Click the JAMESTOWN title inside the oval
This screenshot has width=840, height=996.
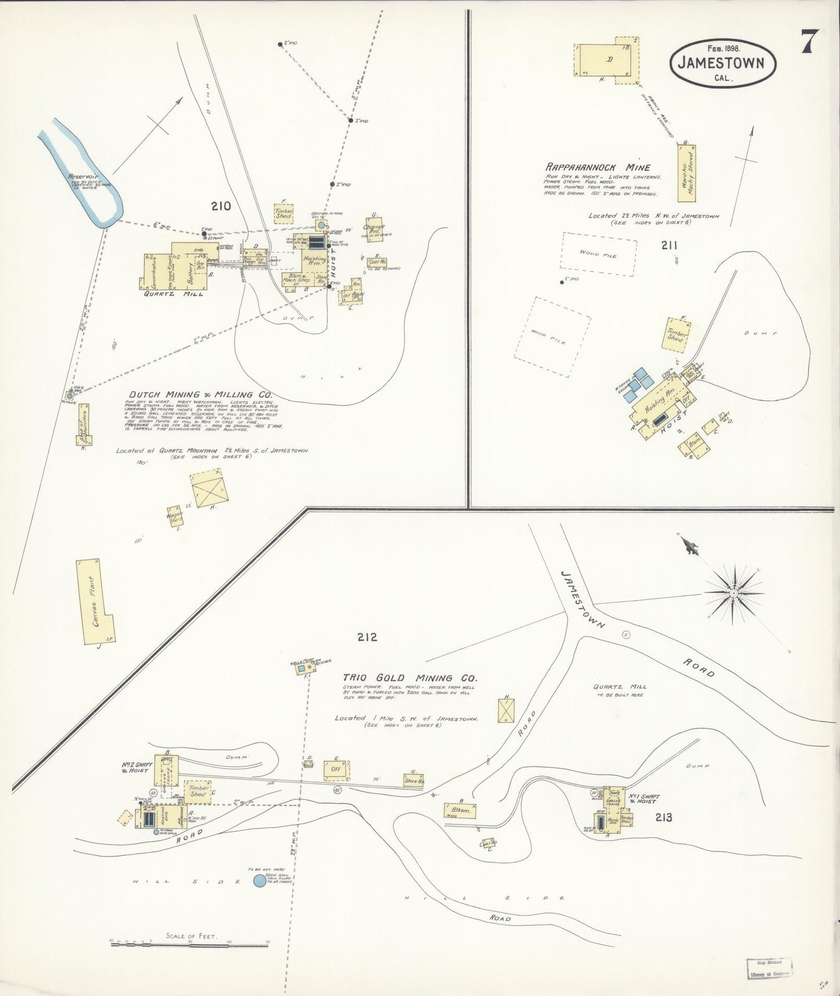[724, 63]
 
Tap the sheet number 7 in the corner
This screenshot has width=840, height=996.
[810, 42]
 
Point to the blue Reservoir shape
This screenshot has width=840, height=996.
[87, 174]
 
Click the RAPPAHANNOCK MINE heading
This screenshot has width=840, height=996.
[598, 167]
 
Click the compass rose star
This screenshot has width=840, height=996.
[734, 593]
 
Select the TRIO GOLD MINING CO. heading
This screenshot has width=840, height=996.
[410, 678]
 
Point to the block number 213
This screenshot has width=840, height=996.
[663, 818]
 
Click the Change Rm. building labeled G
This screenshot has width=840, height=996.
[374, 231]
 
